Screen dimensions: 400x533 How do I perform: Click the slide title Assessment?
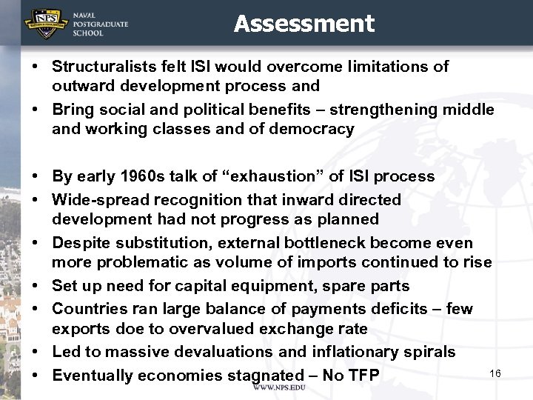click(x=304, y=24)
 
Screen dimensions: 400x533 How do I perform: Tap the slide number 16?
click(x=495, y=373)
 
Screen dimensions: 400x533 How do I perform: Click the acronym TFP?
click(x=363, y=376)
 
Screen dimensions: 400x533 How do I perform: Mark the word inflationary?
click(x=376, y=352)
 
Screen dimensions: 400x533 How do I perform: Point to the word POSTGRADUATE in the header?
click(x=101, y=24)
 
